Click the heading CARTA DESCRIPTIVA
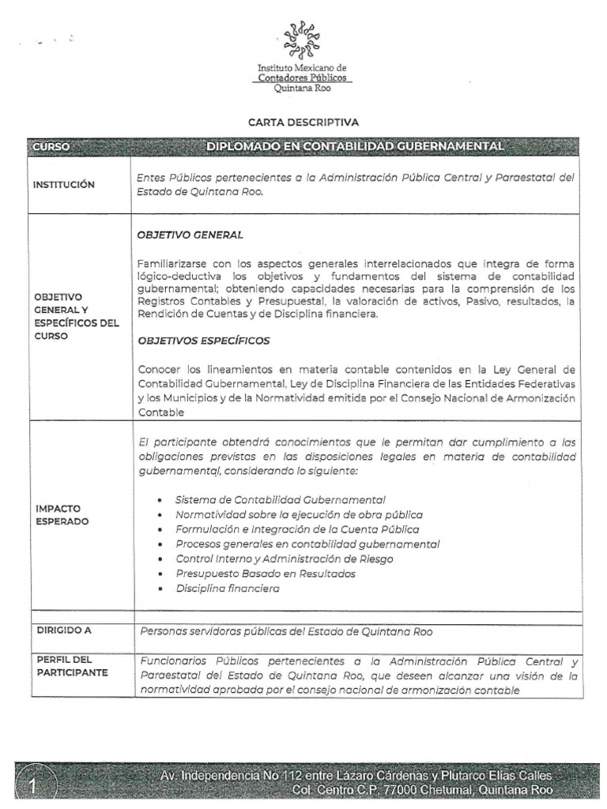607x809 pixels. click(303, 122)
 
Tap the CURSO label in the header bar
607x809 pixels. click(52, 147)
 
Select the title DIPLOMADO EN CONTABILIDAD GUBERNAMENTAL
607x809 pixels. click(355, 147)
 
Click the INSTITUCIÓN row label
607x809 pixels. click(64, 185)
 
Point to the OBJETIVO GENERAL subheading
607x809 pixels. click(190, 235)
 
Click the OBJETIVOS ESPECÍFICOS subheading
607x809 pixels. click(204, 341)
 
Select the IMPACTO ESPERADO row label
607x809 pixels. click(61, 515)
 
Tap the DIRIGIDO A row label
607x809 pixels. click(65, 630)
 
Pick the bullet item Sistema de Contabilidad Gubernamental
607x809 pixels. click(280, 500)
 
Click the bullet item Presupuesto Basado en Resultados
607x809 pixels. click(265, 574)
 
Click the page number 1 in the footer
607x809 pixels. click(33, 785)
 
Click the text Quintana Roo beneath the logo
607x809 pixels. click(302, 88)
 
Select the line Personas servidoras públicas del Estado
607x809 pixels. click(286, 631)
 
